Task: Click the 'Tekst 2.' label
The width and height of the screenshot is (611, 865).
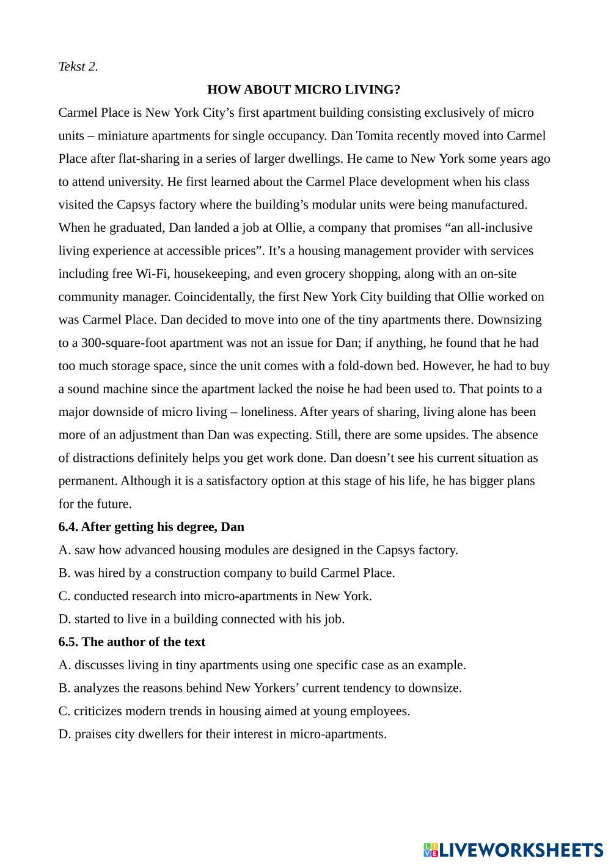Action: coord(78,67)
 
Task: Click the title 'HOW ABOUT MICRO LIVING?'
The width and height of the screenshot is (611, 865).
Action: coord(304,90)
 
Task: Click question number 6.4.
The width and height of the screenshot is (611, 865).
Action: coord(68,527)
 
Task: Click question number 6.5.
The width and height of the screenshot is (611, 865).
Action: coord(68,642)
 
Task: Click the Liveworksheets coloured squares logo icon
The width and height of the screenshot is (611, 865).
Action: coord(431,850)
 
